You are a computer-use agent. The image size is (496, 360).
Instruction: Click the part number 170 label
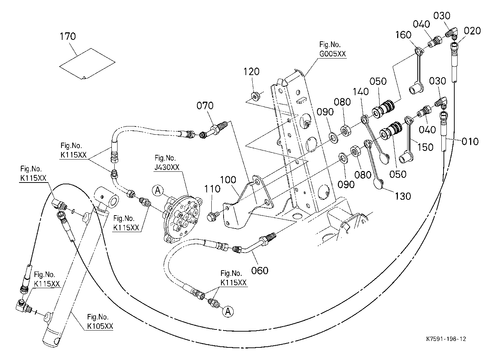pos(68,36)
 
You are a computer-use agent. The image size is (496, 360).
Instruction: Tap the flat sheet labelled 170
pos(87,64)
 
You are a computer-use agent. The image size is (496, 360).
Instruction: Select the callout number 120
pos(251,72)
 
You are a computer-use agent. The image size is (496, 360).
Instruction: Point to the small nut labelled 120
pos(255,96)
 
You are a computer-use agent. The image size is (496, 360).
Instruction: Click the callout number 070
pos(205,106)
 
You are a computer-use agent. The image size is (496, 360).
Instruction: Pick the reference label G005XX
pos(332,54)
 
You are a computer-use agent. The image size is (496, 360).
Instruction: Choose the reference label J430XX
pos(167,167)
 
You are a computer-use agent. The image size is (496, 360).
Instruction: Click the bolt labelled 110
pos(213,216)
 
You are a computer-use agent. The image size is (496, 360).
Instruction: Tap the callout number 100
pos(228,180)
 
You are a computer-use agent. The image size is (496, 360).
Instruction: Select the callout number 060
pos(260,271)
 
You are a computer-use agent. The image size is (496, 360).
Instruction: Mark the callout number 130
pos(403,196)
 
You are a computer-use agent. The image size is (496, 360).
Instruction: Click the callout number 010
pos(470,141)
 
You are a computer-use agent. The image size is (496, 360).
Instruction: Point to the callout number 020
pos(472,31)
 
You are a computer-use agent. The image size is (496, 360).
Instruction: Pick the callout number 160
pos(403,35)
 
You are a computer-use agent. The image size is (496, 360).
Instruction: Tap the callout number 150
pos(425,147)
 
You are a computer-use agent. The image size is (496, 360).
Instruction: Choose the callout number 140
pos(360,92)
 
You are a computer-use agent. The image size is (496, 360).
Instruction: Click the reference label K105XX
pos(100,326)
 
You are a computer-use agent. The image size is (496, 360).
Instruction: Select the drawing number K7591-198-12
pos(446,339)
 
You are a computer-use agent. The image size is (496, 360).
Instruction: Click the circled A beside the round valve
pos(158,190)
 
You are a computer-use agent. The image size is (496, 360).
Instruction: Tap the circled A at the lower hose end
pos(228,312)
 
